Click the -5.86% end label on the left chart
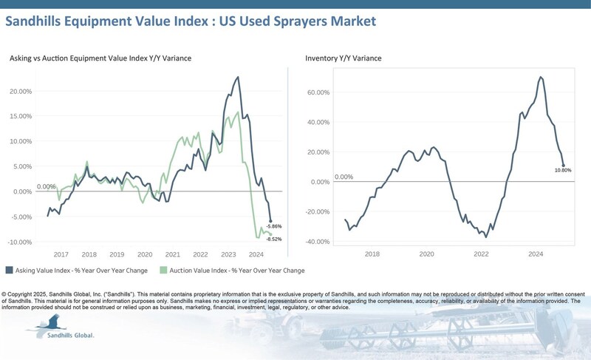coord(274,225)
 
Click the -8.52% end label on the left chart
coord(274,239)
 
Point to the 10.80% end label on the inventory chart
coord(563,170)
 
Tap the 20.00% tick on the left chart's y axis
coord(21,91)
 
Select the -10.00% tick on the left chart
coord(20,242)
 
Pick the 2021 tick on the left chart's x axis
coord(173,254)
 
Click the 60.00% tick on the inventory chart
coord(319,92)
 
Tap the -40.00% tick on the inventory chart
coord(318,242)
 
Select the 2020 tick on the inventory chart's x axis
coord(427,254)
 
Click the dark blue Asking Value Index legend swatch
coord(9,271)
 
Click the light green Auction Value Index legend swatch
coord(165,271)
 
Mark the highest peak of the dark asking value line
coord(238,77)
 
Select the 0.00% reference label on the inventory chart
coord(344,177)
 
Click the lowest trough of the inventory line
coord(485,237)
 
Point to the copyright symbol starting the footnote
coord(5,293)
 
